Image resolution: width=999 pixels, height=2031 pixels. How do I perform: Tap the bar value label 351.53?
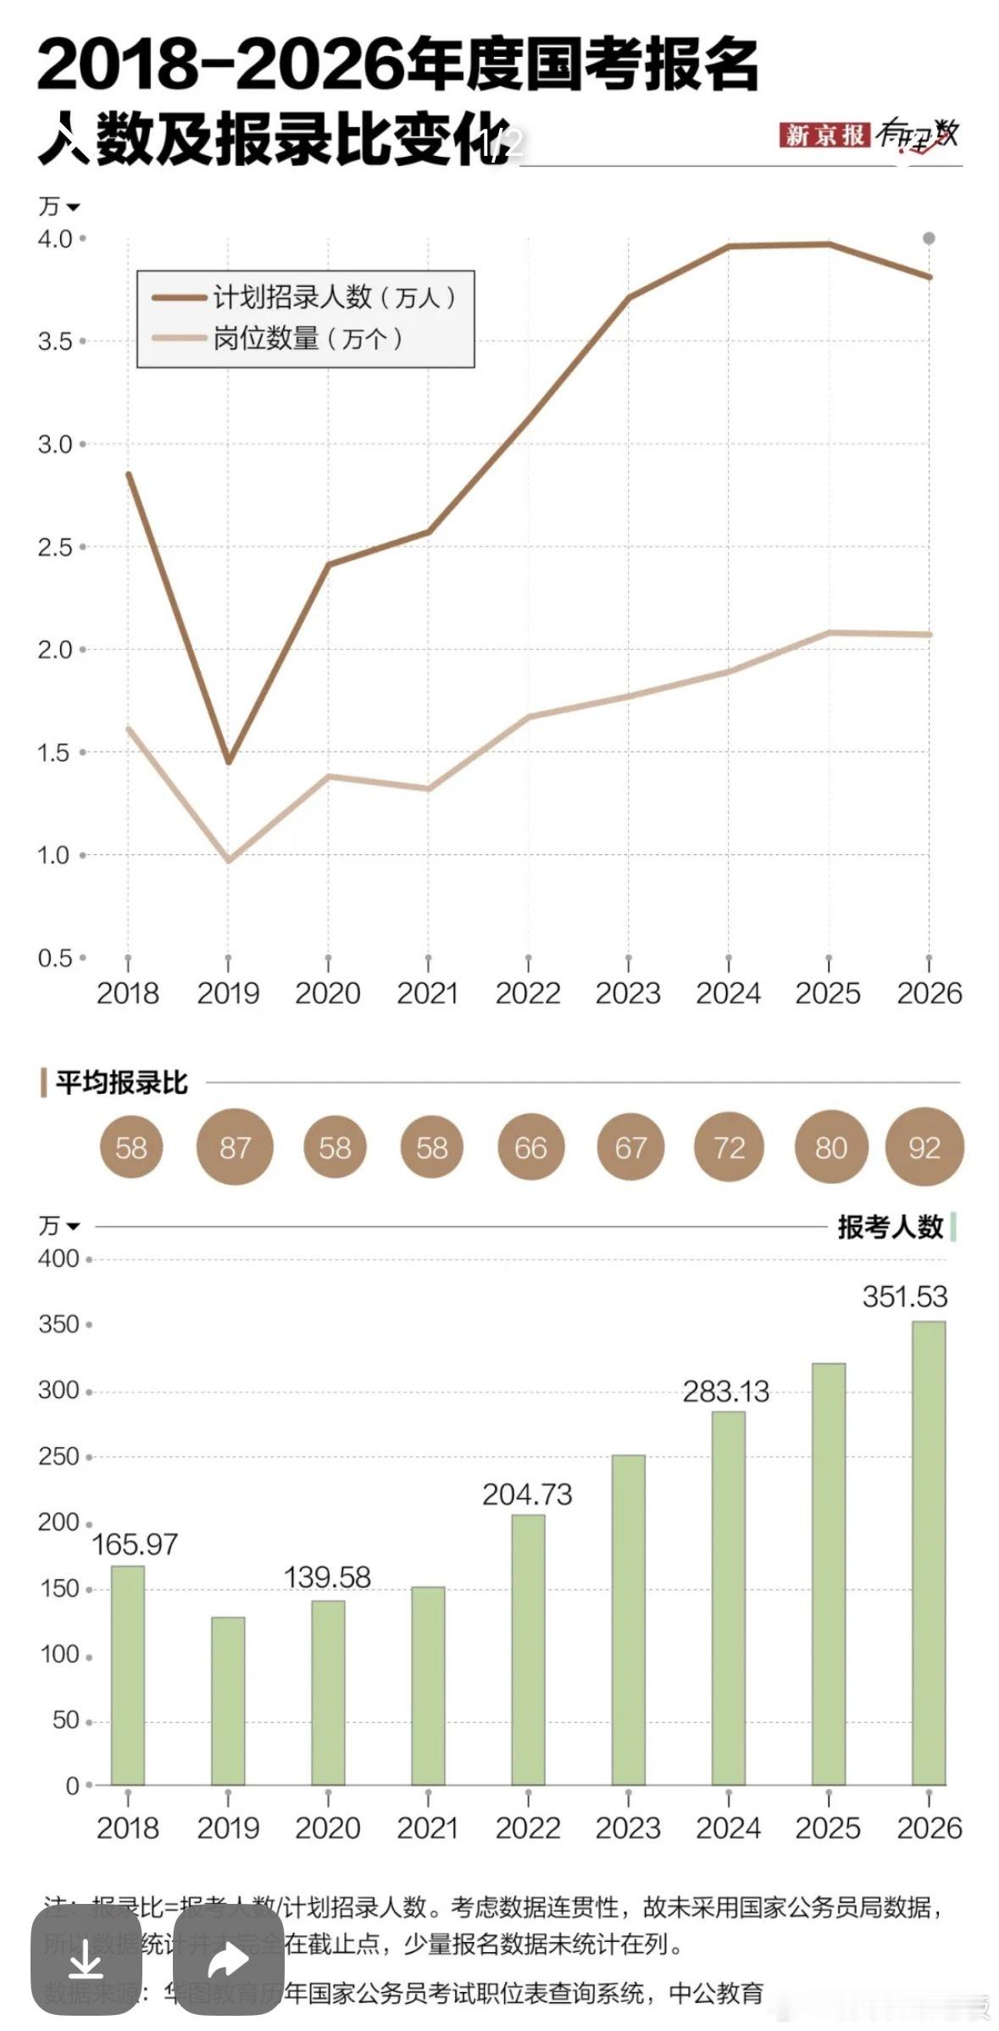(x=904, y=1296)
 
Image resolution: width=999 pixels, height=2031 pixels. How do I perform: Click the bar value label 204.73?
(x=527, y=1494)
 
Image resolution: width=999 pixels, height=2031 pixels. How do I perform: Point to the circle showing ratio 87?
(x=235, y=1147)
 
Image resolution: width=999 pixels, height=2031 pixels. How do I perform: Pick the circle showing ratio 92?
(x=924, y=1147)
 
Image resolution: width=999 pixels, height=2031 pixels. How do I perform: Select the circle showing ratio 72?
(x=729, y=1147)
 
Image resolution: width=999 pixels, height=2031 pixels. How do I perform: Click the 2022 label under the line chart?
(x=528, y=993)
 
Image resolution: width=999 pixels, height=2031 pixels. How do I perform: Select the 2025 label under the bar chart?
(x=828, y=1828)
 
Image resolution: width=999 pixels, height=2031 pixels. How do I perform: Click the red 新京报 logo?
(x=824, y=135)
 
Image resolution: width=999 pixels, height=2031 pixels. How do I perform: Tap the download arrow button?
(x=86, y=1960)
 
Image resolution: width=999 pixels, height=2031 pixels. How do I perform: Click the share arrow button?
(x=228, y=1960)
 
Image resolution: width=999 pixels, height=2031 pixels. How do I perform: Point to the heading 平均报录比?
(x=121, y=1083)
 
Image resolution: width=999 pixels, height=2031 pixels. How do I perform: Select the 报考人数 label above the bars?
(x=890, y=1226)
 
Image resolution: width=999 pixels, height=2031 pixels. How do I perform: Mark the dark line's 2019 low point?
(x=228, y=762)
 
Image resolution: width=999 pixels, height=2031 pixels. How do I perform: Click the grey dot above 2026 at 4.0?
(x=929, y=238)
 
